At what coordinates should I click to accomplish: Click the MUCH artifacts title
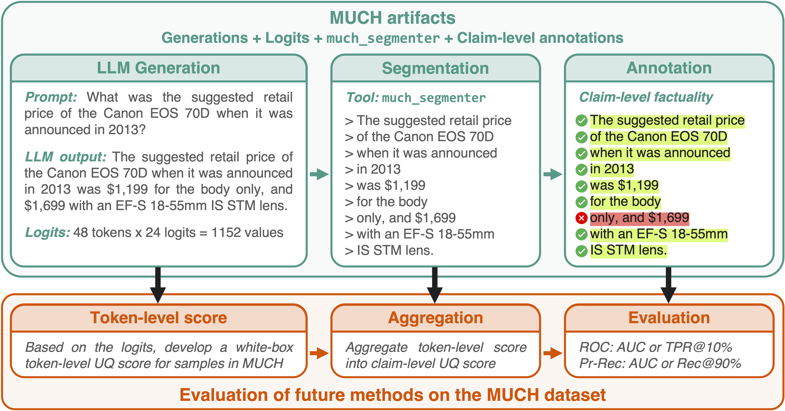(393, 18)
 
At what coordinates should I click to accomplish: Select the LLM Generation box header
(158, 68)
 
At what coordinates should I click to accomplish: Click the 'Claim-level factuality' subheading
(646, 97)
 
